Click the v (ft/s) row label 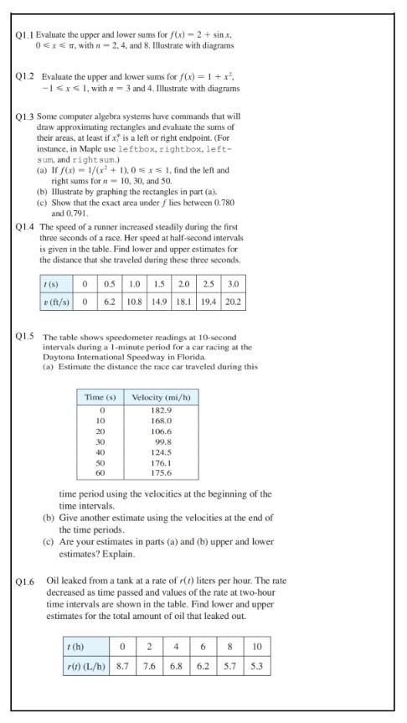[59, 299]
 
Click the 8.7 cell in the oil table [122, 668]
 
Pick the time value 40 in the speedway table [100, 452]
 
